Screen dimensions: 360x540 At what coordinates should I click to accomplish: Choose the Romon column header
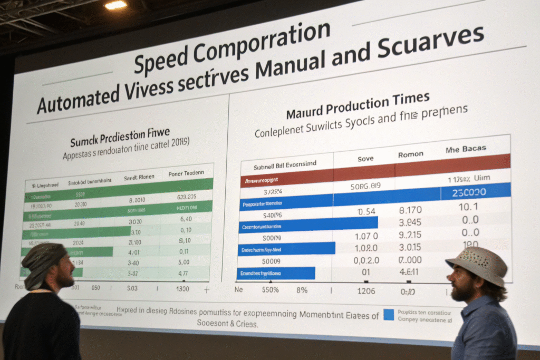click(x=411, y=154)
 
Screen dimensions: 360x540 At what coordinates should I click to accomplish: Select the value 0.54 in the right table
click(x=366, y=212)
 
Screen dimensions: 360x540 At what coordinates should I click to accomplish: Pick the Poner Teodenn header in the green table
click(x=187, y=173)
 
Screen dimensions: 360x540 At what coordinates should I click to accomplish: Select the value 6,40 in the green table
click(x=185, y=219)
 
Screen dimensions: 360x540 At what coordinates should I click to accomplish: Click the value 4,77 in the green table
click(x=183, y=273)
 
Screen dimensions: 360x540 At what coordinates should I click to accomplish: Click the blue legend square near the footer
click(x=389, y=315)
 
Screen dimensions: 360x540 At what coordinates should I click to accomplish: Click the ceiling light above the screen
click(x=116, y=5)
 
